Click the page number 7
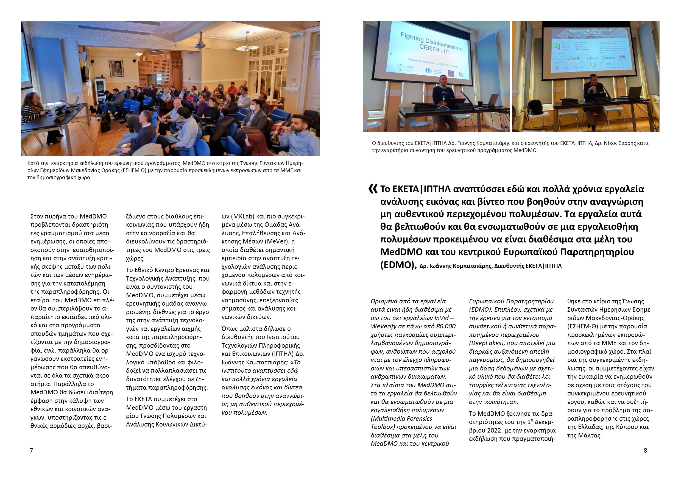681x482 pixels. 31,450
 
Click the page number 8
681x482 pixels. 645,450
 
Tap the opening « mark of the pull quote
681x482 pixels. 373,189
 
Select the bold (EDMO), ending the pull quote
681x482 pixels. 398,264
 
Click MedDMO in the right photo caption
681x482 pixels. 525,150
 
